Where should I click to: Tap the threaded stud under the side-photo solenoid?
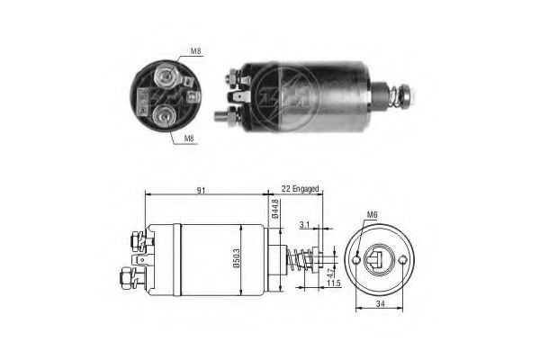click(222, 114)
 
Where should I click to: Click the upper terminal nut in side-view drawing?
click(136, 239)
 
